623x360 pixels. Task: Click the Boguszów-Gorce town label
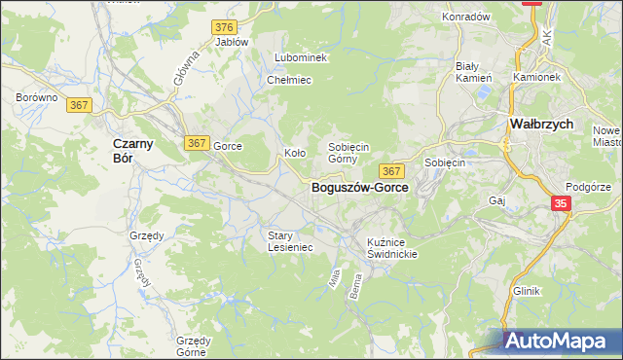point(360,188)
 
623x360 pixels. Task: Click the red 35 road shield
point(561,203)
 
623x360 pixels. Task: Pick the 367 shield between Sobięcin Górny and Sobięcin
point(392,171)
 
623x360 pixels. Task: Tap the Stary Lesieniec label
point(290,241)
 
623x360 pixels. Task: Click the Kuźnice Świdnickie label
point(392,247)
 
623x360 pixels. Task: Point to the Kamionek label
point(537,76)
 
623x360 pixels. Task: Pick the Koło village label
point(295,153)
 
